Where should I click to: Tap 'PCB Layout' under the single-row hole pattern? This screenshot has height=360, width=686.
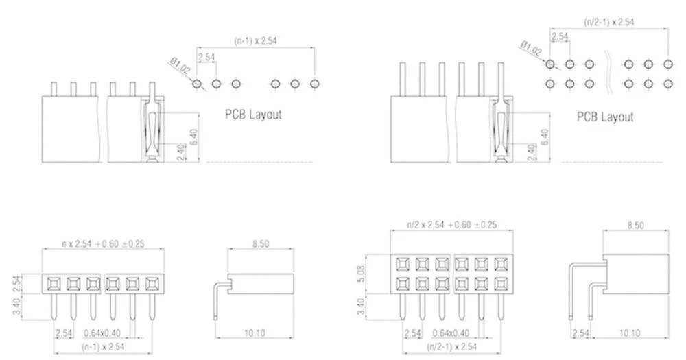coord(253,115)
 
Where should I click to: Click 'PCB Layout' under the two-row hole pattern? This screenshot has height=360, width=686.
coord(605,117)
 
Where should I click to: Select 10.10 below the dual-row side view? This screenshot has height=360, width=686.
coord(629,333)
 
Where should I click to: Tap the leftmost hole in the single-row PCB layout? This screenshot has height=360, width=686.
coord(197,84)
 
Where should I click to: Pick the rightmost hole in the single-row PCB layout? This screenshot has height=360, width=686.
coord(315,84)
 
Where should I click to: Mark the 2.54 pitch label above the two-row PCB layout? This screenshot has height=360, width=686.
coord(560,36)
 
